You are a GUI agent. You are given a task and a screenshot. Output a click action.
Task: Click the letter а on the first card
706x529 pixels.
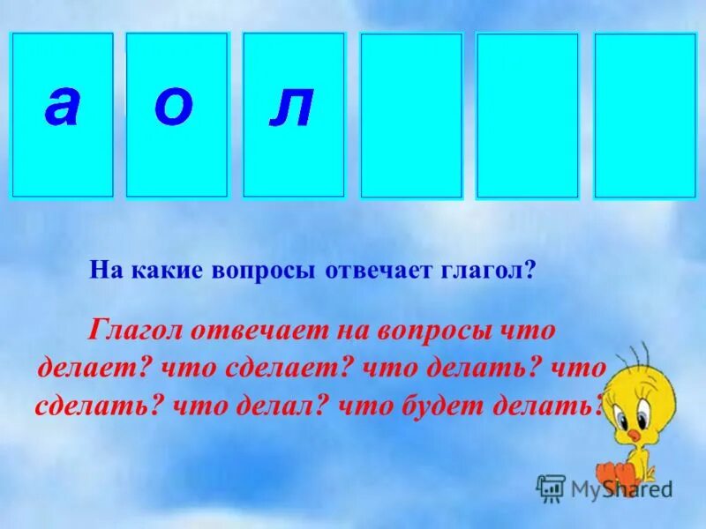point(62,108)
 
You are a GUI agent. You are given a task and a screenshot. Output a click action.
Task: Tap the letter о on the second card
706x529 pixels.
point(173,108)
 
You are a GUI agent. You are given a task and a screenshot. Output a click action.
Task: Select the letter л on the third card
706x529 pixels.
point(292,108)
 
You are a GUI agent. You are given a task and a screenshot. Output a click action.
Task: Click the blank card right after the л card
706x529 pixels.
point(411,115)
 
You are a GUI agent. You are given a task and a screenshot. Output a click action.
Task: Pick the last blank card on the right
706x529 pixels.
point(645,115)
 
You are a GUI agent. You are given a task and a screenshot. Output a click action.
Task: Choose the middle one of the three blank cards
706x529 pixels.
point(527,115)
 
